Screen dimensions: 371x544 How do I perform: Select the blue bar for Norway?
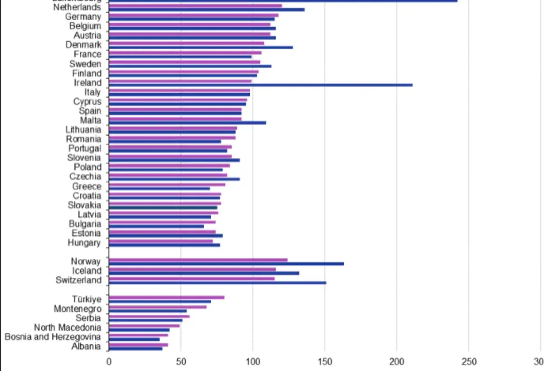[x=226, y=263]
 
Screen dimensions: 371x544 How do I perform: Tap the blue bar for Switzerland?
[x=218, y=282]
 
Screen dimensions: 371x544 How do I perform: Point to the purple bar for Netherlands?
[x=195, y=6]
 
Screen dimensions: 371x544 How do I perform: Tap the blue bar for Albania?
[x=136, y=348]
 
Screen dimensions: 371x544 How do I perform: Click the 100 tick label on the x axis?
[x=253, y=361]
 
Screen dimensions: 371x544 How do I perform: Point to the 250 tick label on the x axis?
[x=469, y=361]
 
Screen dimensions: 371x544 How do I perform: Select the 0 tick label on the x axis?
[x=109, y=361]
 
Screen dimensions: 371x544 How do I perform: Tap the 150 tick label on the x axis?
[x=325, y=361]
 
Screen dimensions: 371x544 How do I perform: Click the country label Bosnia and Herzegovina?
[x=53, y=337]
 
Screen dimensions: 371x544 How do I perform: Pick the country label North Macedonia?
[x=68, y=327]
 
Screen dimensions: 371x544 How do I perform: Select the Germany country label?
[x=83, y=17]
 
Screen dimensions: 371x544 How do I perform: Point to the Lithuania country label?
[x=83, y=129]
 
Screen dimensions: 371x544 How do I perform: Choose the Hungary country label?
[x=84, y=243]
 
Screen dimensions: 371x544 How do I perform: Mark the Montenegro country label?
[x=78, y=309]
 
